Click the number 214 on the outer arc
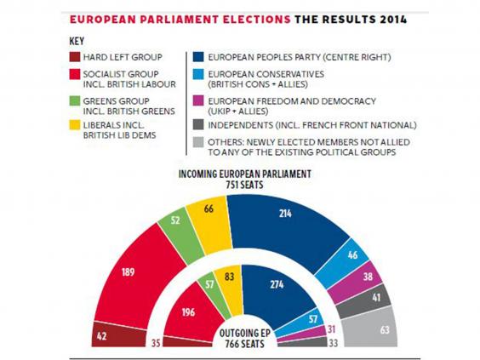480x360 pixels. [x=285, y=214]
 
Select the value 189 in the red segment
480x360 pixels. [x=128, y=271]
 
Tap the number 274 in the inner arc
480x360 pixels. [x=277, y=285]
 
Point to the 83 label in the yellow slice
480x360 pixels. [x=229, y=277]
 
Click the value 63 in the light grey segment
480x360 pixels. [x=385, y=329]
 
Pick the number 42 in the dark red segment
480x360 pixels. [x=101, y=336]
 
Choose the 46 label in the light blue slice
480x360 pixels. [x=352, y=254]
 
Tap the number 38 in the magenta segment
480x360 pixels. [x=368, y=277]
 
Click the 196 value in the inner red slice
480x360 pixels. [x=188, y=312]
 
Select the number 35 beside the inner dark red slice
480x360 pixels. [x=156, y=343]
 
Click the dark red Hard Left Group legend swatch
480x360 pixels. [x=75, y=57]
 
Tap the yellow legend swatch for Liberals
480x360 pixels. [x=75, y=125]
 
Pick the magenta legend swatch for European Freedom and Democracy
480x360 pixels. [x=198, y=101]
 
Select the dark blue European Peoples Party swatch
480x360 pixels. [x=198, y=57]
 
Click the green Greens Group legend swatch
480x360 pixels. [x=75, y=101]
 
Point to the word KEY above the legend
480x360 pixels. [x=77, y=42]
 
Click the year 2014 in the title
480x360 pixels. [x=393, y=20]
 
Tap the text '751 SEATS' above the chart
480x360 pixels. [x=244, y=185]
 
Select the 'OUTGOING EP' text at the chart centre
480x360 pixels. [x=243, y=333]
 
